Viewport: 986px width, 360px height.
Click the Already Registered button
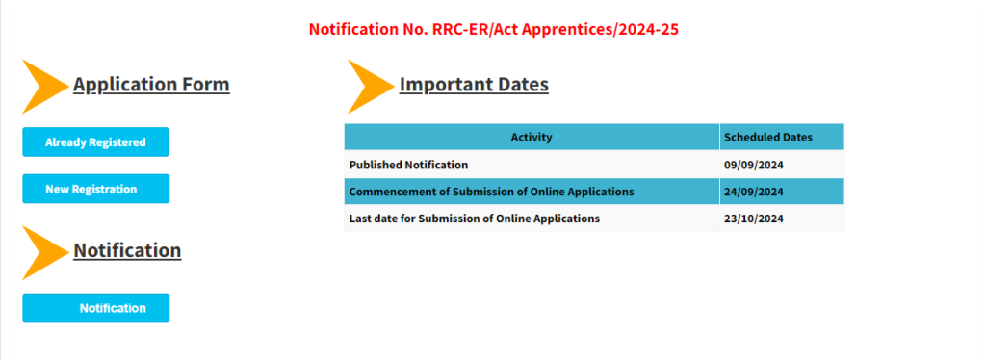click(x=95, y=142)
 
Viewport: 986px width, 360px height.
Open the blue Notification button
click(x=95, y=308)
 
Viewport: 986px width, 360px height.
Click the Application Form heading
click(x=151, y=84)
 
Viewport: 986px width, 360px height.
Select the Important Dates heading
click(x=474, y=84)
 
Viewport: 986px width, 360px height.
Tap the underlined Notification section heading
click(x=127, y=250)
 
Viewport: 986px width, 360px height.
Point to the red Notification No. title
click(x=494, y=29)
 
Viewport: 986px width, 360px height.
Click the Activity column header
click(x=532, y=137)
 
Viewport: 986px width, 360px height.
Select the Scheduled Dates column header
click(x=767, y=137)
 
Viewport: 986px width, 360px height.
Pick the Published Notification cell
click(x=408, y=165)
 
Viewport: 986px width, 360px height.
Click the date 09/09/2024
click(x=753, y=165)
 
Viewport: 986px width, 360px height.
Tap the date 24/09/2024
click(x=753, y=192)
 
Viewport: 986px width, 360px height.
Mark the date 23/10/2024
click(x=753, y=219)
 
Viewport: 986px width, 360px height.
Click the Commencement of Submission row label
click(x=491, y=192)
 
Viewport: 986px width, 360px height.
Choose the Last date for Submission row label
click(x=475, y=219)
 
